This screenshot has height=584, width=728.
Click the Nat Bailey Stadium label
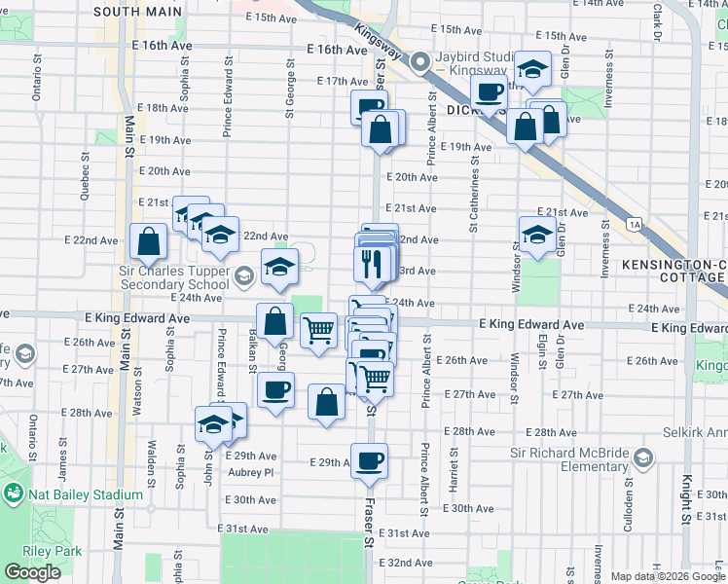coord(86,494)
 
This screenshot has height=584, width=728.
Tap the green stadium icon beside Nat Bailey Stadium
coord(14,494)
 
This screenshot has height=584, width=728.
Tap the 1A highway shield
coord(636,225)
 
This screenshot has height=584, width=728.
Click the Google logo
coord(32,572)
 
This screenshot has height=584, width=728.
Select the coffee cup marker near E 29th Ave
coord(369,461)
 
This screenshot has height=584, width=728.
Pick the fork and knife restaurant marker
coord(373,262)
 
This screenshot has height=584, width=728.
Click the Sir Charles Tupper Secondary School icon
coord(244,276)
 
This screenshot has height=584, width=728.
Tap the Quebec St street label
coord(86,180)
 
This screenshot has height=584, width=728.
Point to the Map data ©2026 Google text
coord(668,576)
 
